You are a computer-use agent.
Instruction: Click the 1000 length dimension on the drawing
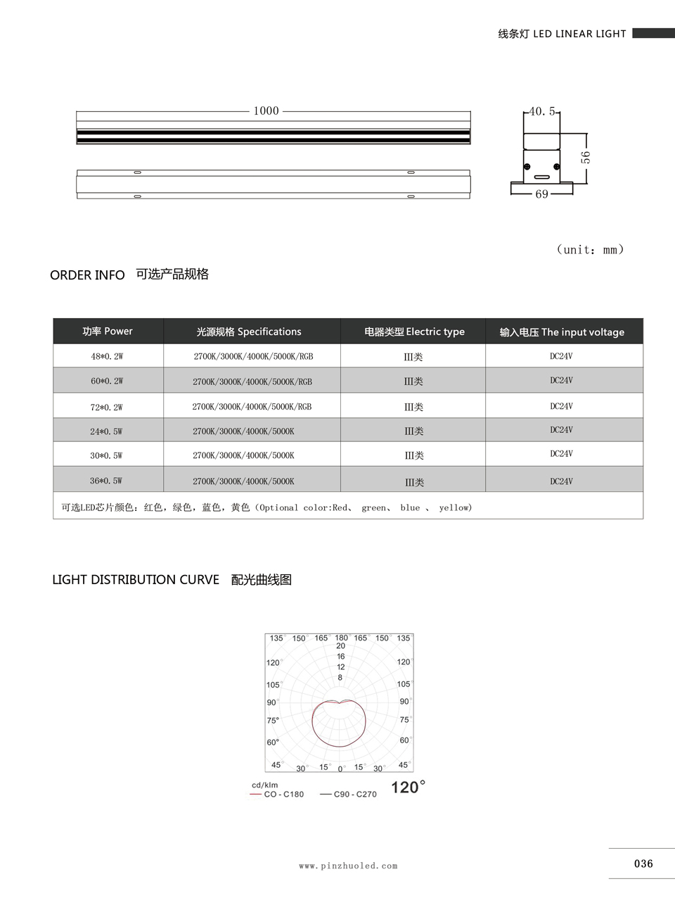[x=266, y=110]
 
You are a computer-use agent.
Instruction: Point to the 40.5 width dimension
[x=541, y=111]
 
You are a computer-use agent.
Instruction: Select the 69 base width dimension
[x=541, y=194]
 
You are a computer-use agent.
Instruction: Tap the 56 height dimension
[x=586, y=157]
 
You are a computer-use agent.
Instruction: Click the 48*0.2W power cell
[x=107, y=356]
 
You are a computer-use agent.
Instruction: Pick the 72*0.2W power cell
[x=107, y=407]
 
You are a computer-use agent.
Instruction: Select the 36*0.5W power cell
[x=106, y=481]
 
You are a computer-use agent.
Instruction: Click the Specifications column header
[x=249, y=331]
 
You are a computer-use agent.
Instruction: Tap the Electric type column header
[x=414, y=331]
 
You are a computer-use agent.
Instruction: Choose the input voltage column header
[x=562, y=332]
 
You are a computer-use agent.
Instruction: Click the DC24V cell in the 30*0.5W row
[x=561, y=454]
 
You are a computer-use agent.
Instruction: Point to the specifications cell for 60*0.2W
[x=252, y=381]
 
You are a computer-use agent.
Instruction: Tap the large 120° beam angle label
[x=408, y=787]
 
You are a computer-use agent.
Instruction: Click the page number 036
[x=643, y=864]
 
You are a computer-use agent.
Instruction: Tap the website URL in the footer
[x=348, y=866]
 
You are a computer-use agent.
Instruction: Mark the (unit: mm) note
[x=590, y=250]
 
